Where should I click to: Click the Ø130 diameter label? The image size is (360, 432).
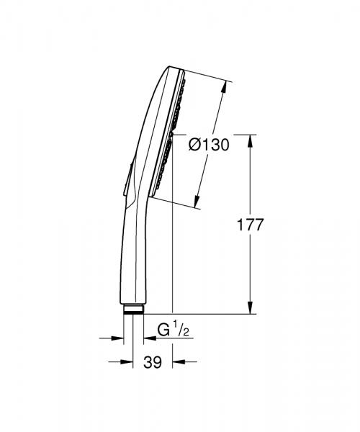tap(209, 145)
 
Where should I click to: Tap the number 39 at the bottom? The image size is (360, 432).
tap(152, 364)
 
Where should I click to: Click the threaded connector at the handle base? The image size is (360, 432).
tap(133, 310)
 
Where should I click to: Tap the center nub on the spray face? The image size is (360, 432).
tap(174, 133)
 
